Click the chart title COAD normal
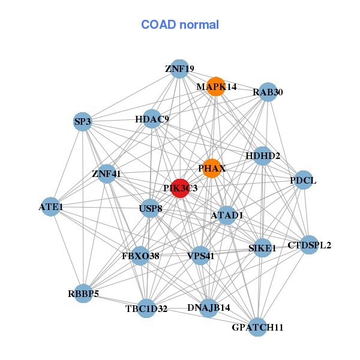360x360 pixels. point(180,25)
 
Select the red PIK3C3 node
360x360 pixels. point(181,188)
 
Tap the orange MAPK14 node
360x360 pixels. point(216,86)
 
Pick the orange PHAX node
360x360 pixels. point(212,168)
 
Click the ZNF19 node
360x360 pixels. point(179,68)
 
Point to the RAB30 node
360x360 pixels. point(268,92)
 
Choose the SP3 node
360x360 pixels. point(83,122)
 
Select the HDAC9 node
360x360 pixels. point(152,119)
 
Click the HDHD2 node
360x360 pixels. point(263,156)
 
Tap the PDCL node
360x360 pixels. point(303,180)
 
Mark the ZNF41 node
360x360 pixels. point(107,174)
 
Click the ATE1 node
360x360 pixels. point(51,207)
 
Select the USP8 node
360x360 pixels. point(151,209)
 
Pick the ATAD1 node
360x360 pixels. point(227,215)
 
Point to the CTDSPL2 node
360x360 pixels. point(309,244)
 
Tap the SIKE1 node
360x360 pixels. point(262,248)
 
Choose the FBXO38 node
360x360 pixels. point(140,256)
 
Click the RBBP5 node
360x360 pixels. point(83,293)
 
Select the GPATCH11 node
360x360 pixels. point(257,327)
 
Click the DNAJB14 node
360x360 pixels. point(209,307)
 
